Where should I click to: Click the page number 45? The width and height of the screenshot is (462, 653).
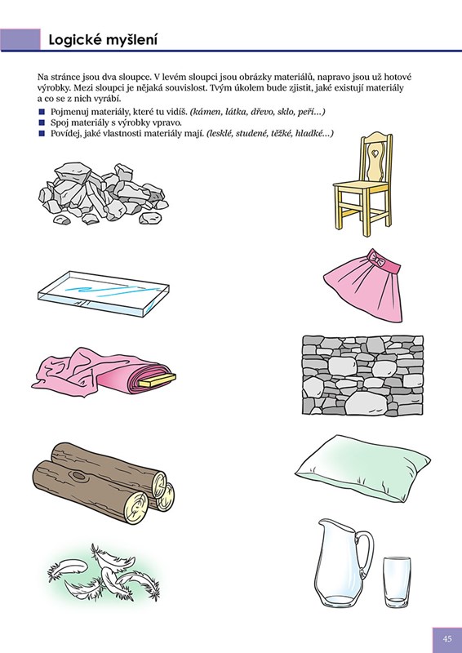coord(447,639)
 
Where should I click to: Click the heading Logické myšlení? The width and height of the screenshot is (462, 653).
coord(103,40)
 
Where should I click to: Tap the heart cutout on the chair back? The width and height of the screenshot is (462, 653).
coord(375,153)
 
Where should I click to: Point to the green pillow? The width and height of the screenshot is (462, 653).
coord(362,469)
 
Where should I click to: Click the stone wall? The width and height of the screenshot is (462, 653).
coord(362,375)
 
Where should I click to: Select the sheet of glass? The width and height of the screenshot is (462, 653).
coord(104,293)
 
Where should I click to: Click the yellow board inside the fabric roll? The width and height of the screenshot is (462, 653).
coord(157,380)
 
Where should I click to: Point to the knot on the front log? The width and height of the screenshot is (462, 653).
coord(78,475)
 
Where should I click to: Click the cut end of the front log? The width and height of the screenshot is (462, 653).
coord(135,507)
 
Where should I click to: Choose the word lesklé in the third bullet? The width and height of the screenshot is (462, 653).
coord(220,134)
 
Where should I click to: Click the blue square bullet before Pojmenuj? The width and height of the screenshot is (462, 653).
coord(42,112)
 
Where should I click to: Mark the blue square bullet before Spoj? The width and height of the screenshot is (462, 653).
coord(42,123)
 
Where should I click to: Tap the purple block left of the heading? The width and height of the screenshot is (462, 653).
coord(20,39)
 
